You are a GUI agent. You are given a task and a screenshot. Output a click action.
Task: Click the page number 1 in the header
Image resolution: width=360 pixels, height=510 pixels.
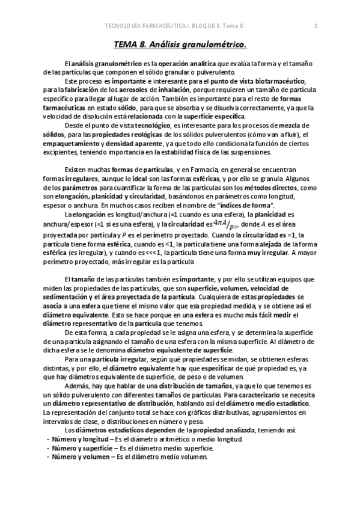click(x=316, y=25)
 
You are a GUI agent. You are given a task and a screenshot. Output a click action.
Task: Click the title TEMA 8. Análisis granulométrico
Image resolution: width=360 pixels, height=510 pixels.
click(x=180, y=43)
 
